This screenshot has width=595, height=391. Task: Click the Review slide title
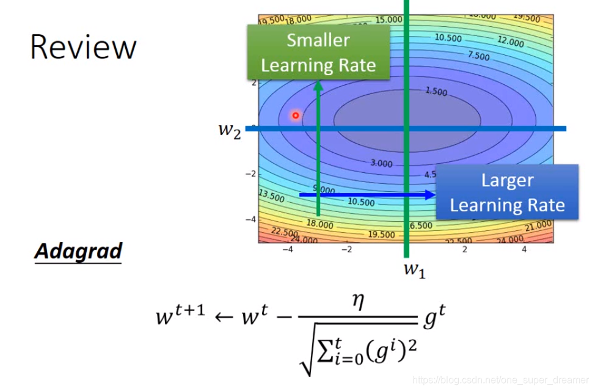pos(83,48)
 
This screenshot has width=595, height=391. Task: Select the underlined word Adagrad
pos(78,251)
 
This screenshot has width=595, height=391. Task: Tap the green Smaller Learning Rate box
pos(318,53)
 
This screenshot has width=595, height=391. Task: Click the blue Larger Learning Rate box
pos(507,192)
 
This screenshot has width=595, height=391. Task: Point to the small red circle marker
pos(296,115)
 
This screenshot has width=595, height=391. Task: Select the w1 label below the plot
pos(414,269)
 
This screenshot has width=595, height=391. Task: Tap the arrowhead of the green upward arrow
pos(318,86)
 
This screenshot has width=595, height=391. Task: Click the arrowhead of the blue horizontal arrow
pos(430,195)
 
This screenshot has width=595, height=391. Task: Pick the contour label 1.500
pos(436,92)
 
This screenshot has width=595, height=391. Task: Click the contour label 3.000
pos(381,163)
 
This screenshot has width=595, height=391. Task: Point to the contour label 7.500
pos(478,56)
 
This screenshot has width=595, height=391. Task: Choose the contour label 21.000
pos(538,226)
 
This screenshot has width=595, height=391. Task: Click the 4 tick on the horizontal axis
pos(524,250)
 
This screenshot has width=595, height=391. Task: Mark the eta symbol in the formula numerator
pos(358,302)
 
